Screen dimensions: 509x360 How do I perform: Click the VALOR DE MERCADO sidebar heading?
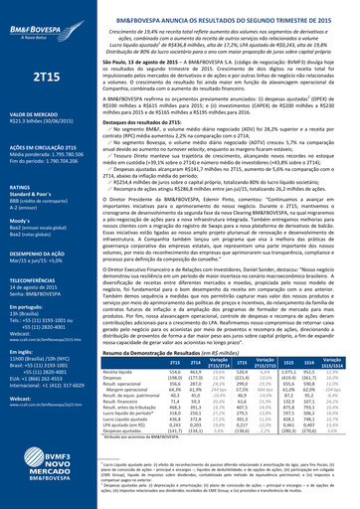click(x=29, y=116)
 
